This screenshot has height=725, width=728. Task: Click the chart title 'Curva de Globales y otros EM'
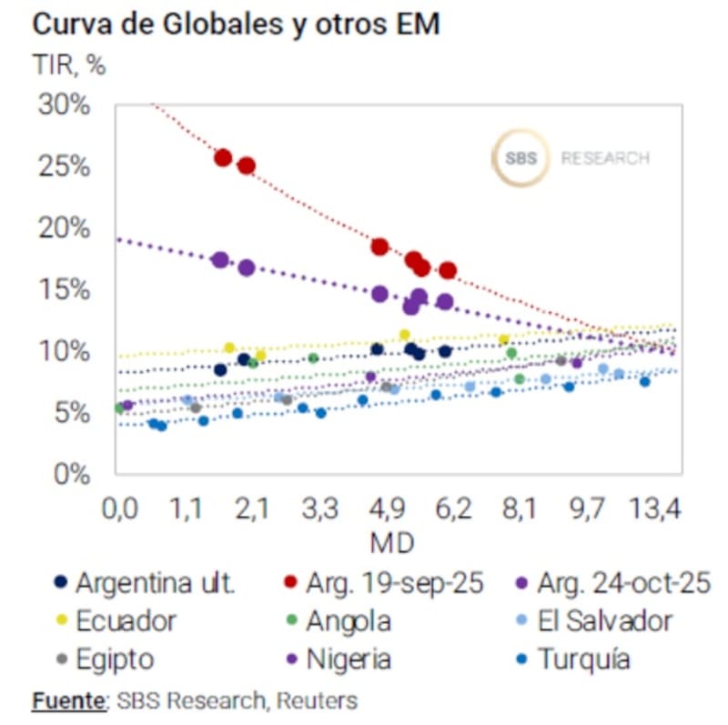point(236,25)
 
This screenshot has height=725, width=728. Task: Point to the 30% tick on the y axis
point(64,105)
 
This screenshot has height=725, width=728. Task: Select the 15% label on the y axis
point(64,290)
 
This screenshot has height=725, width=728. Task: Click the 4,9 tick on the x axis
point(385,509)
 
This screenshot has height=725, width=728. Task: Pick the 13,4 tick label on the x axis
point(655,509)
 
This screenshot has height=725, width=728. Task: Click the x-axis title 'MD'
point(392,543)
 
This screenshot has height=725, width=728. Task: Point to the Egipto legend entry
point(115,659)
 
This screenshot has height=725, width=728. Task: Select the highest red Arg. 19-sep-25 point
point(223,157)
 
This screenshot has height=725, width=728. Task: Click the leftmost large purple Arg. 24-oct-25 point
point(219,260)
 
